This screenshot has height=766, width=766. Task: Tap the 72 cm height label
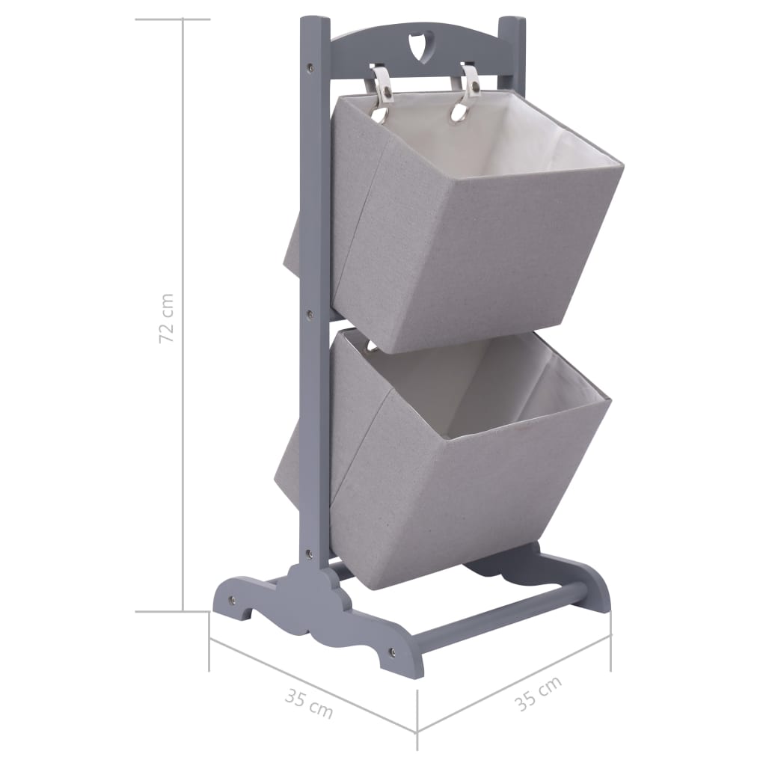[x=168, y=317]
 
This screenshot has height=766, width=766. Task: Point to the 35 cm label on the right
[x=537, y=693]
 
